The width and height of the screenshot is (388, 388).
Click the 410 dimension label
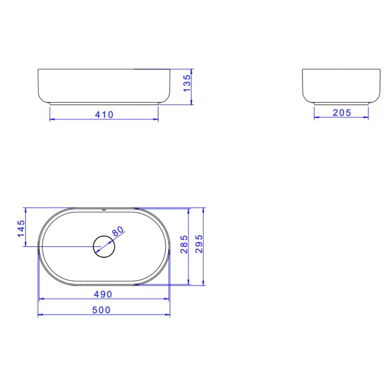(x=104, y=114)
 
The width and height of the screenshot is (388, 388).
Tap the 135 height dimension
(x=187, y=83)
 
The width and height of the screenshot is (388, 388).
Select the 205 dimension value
(x=342, y=113)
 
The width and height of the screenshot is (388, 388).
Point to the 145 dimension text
(x=21, y=228)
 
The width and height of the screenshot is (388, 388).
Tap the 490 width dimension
(x=103, y=294)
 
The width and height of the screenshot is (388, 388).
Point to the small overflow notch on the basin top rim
(x=104, y=209)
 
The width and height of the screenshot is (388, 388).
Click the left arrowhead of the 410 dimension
(x=52, y=119)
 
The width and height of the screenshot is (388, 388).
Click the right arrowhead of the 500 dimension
(x=168, y=315)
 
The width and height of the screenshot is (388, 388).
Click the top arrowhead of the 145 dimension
(x=25, y=210)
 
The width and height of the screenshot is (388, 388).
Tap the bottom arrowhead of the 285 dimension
(x=189, y=282)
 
